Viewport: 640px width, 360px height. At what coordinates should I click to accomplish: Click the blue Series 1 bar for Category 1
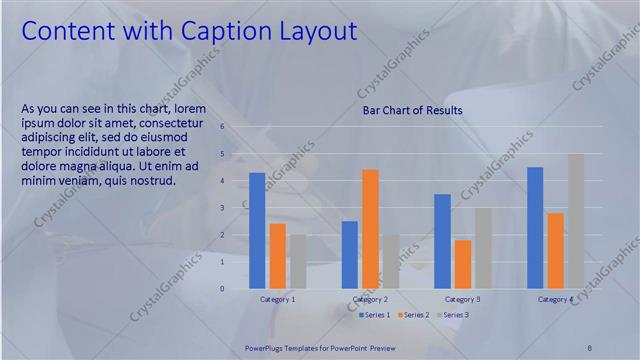click(257, 231)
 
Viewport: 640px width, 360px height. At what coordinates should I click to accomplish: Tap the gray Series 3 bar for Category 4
click(576, 221)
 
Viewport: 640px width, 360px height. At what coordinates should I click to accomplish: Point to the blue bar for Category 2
click(350, 255)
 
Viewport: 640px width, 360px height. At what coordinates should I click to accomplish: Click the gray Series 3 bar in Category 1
click(298, 262)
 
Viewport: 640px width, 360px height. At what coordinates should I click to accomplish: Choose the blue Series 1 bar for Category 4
click(535, 228)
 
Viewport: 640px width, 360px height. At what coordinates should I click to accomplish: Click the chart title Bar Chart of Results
click(412, 110)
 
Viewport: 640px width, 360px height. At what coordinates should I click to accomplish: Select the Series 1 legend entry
click(376, 315)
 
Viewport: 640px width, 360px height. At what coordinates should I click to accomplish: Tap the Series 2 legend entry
click(412, 315)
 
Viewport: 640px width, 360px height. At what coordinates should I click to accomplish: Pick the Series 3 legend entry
click(450, 315)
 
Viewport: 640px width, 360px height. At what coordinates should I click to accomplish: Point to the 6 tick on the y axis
click(236, 127)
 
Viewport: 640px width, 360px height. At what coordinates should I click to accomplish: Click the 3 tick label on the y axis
click(236, 208)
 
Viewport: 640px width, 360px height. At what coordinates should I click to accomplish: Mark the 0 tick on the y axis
click(236, 289)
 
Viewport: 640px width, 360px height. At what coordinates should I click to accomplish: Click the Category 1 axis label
click(277, 299)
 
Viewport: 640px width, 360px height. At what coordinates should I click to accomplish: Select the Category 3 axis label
click(463, 299)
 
